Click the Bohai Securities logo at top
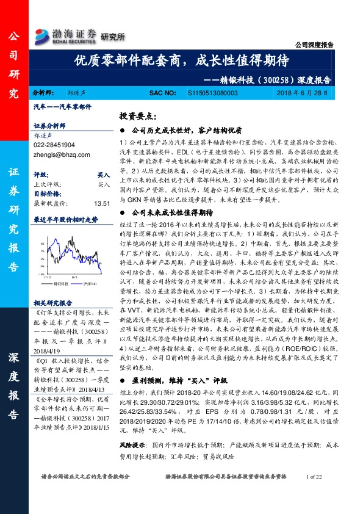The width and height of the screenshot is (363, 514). pyautogui.click(x=66, y=34)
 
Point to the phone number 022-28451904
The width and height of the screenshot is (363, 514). pyautogui.click(x=55, y=145)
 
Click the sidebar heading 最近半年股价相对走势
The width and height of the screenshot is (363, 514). pyautogui.click(x=65, y=219)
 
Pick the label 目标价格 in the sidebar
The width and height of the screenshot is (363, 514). pyautogui.click(x=46, y=193)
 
